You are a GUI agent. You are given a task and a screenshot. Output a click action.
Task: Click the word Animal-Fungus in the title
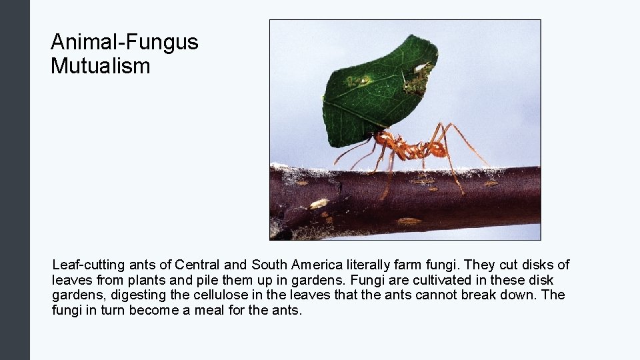[124, 43]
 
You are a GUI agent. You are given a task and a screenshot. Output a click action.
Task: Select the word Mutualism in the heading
[100, 66]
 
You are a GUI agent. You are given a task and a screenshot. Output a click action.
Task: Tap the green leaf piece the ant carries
[373, 93]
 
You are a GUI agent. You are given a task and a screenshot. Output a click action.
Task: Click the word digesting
[132, 295]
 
